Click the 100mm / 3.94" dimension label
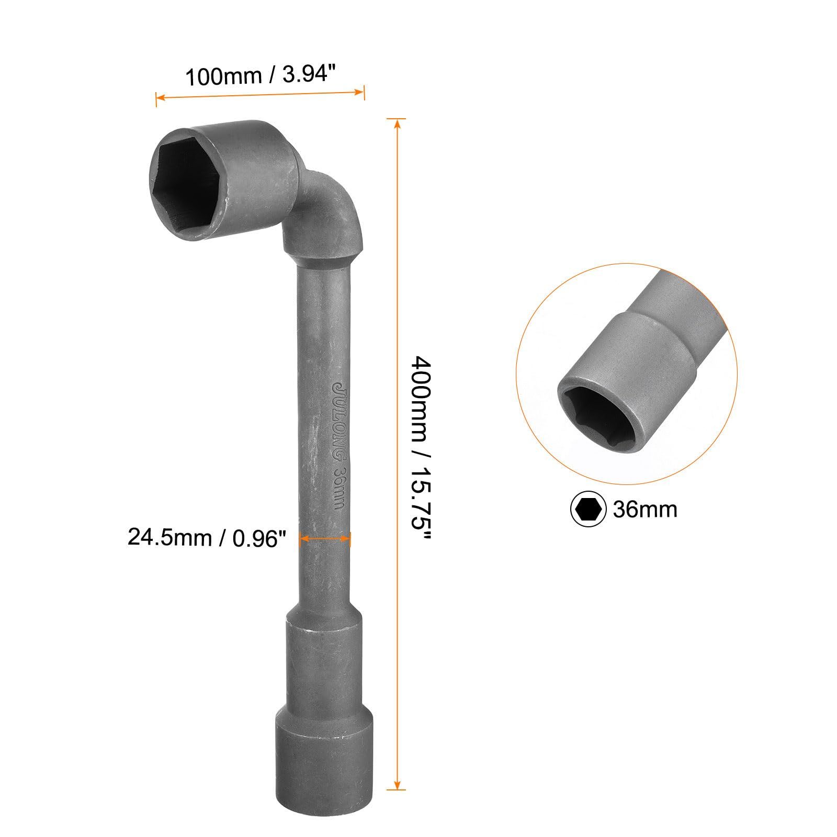click(259, 76)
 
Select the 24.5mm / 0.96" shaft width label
click(207, 537)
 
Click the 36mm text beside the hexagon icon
click(645, 509)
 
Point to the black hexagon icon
click(588, 508)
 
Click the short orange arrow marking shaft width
click(325, 538)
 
